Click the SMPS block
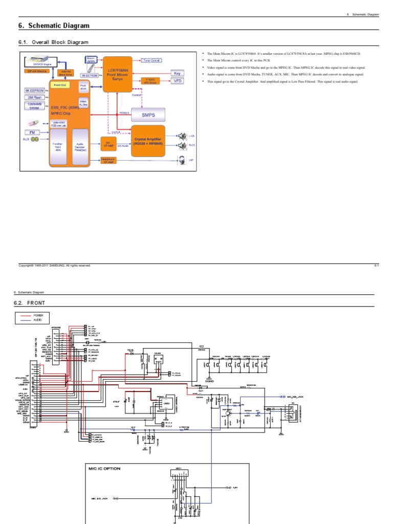(148, 115)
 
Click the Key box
(178, 74)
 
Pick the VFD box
(178, 81)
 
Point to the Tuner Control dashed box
(152, 60)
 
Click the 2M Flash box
(35, 97)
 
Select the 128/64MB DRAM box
(35, 106)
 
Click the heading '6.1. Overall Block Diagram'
(53, 42)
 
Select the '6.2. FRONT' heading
(32, 303)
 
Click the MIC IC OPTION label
(105, 468)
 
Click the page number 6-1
(376, 266)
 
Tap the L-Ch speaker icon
(181, 136)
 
